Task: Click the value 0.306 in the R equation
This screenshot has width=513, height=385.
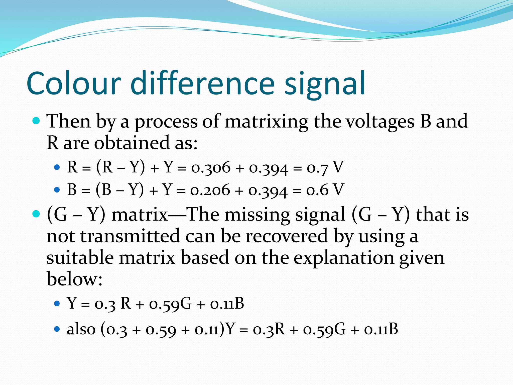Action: point(211,167)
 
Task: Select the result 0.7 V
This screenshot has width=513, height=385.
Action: point(325,167)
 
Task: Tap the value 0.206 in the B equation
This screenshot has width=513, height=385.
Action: point(210,189)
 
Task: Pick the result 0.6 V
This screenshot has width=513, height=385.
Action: point(325,189)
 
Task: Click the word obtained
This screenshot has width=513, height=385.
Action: point(132,143)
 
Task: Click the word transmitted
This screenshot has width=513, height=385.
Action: point(130,236)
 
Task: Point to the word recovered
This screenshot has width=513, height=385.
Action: point(287,236)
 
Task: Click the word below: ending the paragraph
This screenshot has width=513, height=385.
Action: point(74,279)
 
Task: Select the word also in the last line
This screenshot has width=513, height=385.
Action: point(81,329)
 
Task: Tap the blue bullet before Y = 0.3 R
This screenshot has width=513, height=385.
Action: point(57,304)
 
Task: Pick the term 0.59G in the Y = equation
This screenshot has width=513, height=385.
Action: point(170,304)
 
